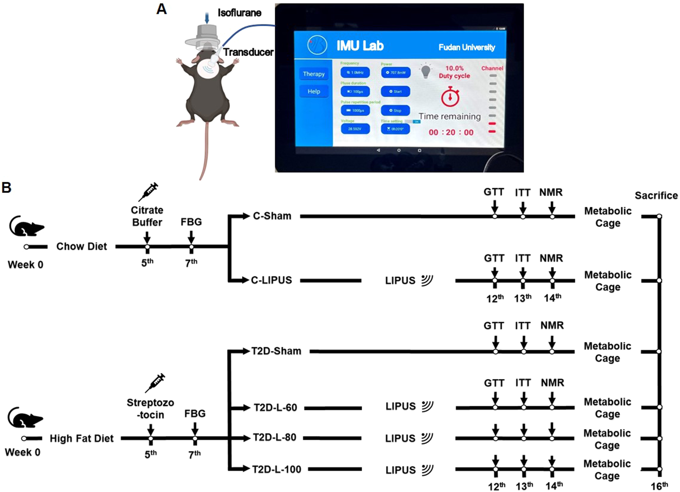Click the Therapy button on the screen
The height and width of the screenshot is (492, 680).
(314, 74)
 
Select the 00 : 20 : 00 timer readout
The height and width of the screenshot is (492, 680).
(451, 132)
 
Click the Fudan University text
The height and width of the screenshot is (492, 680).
(467, 47)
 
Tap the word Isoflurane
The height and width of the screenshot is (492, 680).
(239, 13)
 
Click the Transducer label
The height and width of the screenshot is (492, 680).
(248, 52)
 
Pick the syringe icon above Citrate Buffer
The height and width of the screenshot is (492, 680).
(148, 192)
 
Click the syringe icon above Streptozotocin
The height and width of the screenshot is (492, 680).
(155, 383)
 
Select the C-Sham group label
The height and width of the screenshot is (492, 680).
(272, 216)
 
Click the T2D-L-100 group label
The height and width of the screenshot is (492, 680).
(276, 469)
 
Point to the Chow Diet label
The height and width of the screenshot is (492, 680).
(82, 246)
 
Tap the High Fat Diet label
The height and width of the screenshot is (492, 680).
(82, 438)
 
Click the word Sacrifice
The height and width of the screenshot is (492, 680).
(656, 195)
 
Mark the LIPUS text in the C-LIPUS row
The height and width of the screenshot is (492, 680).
(400, 280)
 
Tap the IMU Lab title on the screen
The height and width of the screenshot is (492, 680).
(360, 46)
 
